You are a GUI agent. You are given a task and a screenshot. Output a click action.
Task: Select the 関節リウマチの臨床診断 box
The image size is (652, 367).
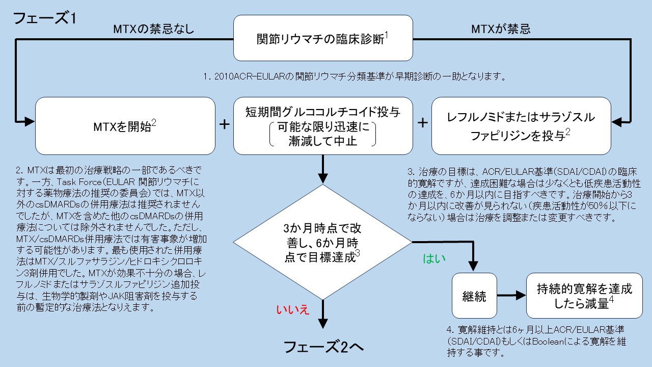[x=323, y=38]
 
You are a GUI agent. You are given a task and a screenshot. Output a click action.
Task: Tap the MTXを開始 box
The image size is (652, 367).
[x=125, y=125]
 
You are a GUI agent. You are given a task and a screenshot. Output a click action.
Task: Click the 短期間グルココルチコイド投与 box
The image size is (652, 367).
[x=323, y=125]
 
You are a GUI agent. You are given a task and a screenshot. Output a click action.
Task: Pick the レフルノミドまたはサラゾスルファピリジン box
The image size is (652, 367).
[x=521, y=125]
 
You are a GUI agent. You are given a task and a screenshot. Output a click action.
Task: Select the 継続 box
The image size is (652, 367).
[x=474, y=295]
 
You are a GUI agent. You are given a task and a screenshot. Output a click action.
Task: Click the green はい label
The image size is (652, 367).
[x=434, y=259]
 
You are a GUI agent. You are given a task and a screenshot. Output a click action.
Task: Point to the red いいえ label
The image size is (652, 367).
[x=292, y=309]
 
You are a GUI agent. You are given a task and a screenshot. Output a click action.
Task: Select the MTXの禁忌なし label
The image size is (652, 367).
[x=153, y=29]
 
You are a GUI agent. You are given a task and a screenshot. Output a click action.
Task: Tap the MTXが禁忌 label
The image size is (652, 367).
[x=501, y=29]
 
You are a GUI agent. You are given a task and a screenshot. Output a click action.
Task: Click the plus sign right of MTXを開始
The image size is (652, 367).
[x=224, y=125]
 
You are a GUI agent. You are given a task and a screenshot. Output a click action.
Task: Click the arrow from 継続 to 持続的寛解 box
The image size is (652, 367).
[x=511, y=295]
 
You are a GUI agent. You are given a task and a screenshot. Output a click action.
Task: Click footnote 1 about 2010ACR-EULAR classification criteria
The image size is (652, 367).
[x=354, y=77]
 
